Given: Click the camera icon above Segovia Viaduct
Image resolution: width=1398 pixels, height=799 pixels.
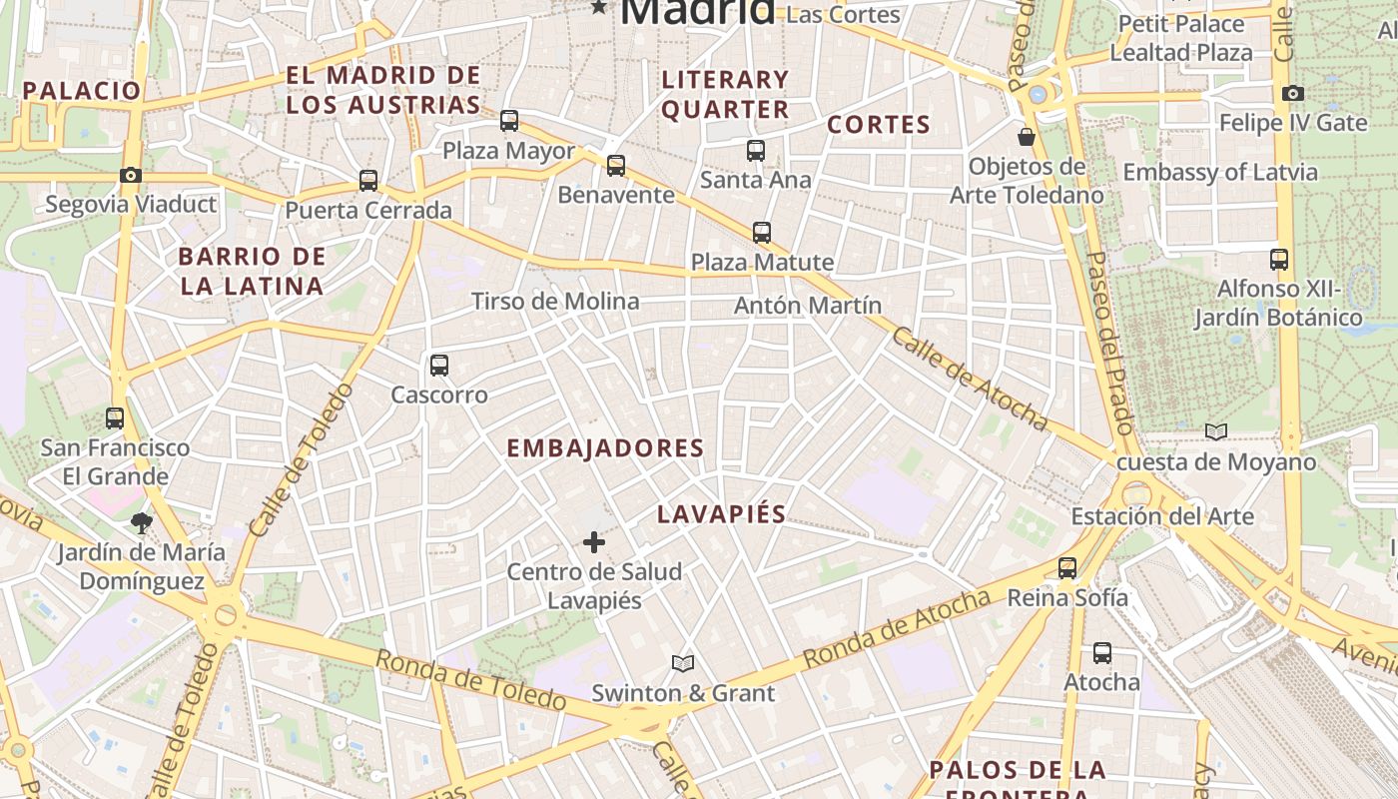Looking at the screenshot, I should click(130, 176).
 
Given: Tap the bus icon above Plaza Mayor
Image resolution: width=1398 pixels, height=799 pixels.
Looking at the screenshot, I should click(509, 121).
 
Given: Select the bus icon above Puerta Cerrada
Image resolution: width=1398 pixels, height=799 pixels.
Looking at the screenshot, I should click(368, 181).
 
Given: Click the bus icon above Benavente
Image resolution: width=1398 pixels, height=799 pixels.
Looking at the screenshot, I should click(616, 165).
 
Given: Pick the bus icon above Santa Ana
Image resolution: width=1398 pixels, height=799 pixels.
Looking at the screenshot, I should click(756, 151).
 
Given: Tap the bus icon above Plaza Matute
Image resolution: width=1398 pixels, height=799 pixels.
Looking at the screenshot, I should click(762, 233).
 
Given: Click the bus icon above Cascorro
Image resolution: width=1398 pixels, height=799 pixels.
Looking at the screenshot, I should click(439, 366).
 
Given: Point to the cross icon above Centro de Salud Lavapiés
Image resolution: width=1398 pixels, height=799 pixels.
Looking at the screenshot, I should click(594, 542).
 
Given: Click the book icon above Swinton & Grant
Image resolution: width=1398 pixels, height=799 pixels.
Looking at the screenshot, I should click(683, 663).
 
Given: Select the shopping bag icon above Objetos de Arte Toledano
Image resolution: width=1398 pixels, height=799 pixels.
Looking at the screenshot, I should click(1027, 137).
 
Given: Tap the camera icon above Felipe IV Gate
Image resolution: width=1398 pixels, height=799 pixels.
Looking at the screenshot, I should click(1293, 94).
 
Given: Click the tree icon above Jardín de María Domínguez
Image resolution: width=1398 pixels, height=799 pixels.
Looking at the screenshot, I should click(141, 522).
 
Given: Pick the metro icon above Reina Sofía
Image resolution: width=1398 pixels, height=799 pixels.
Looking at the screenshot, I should click(1067, 568).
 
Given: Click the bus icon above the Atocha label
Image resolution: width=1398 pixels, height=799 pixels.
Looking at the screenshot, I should click(1102, 653).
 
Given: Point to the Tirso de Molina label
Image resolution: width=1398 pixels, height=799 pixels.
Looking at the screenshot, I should click(555, 302).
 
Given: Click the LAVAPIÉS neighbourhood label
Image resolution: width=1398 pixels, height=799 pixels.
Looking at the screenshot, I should click(722, 514).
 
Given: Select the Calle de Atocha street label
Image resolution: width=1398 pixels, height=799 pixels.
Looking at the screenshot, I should click(969, 380).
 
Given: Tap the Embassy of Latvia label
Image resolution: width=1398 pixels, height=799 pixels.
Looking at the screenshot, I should click(1220, 172).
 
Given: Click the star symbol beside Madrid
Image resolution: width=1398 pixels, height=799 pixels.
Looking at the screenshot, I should click(599, 8).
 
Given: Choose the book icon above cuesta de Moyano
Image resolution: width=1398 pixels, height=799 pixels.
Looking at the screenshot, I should click(1215, 432).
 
